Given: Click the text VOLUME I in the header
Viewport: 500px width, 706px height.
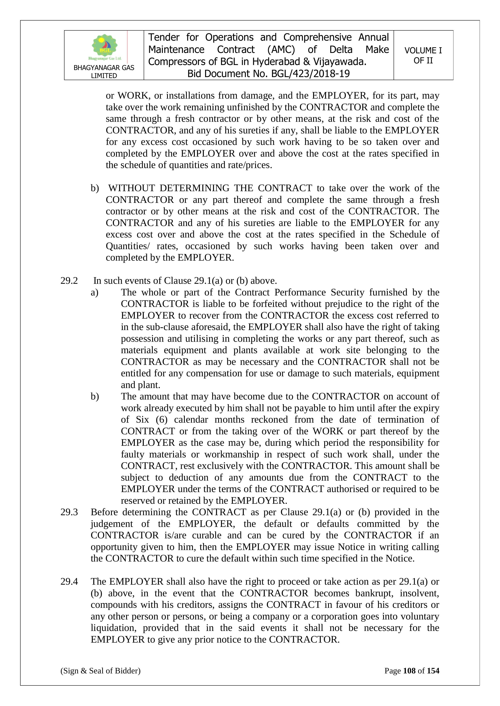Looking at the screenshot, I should click(x=423, y=51).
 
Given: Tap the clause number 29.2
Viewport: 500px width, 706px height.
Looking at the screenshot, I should click(x=69, y=281).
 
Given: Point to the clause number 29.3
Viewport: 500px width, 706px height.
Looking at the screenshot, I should click(x=69, y=512).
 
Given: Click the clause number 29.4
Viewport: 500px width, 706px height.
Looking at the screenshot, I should click(x=69, y=582).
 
